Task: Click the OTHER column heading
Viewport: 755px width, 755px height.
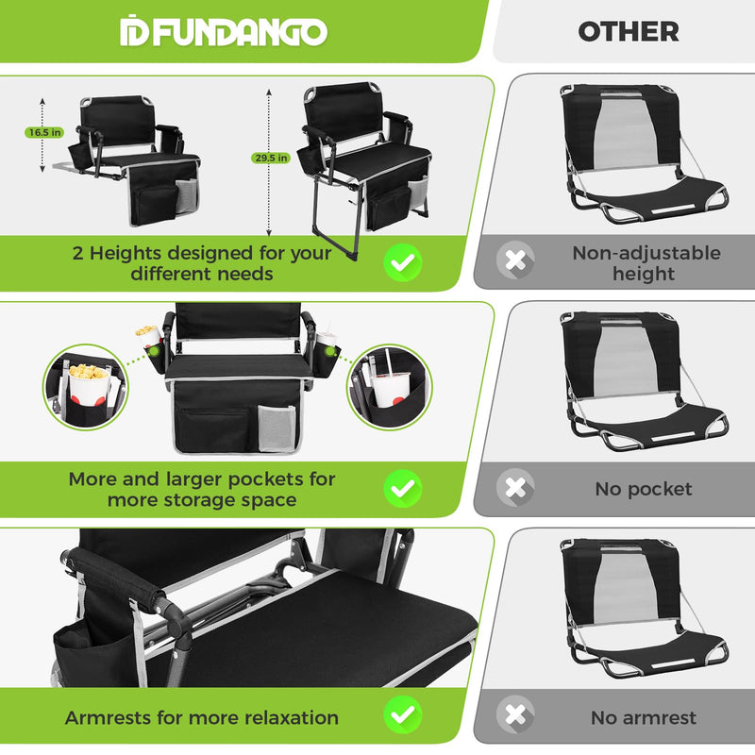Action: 628,31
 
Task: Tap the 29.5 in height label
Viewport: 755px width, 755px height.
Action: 269,159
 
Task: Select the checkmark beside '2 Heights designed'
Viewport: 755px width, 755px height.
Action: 403,262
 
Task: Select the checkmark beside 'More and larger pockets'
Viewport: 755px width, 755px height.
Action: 403,488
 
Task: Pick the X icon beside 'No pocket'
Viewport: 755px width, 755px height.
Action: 515,488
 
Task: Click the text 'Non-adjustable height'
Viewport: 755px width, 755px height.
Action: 646,263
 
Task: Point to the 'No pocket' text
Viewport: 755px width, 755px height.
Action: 643,489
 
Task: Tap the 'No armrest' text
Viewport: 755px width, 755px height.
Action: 643,717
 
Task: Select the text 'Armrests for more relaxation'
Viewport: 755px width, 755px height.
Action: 201,717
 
